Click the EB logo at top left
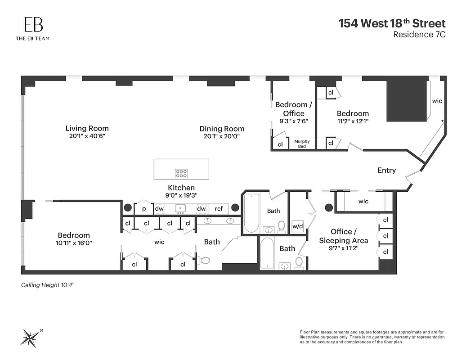pyautogui.click(x=32, y=25)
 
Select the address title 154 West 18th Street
pyautogui.click(x=392, y=23)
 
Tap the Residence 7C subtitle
pyautogui.click(x=419, y=35)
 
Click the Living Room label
pyautogui.click(x=87, y=128)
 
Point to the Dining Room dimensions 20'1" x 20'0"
pyautogui.click(x=222, y=136)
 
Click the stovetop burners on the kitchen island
pyautogui.click(x=181, y=173)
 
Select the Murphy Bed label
pyautogui.click(x=302, y=144)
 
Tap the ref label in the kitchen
pyautogui.click(x=219, y=209)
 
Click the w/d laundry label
pyautogui.click(x=297, y=225)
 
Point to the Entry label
pyautogui.click(x=386, y=170)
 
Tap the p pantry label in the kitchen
pyautogui.click(x=144, y=209)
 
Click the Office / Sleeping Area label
pyautogui.click(x=343, y=236)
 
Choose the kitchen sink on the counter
pyautogui.click(x=181, y=208)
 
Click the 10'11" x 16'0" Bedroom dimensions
pyautogui.click(x=74, y=243)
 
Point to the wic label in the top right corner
pyautogui.click(x=437, y=101)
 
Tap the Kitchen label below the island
pyautogui.click(x=181, y=188)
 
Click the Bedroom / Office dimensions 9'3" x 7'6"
pyautogui.click(x=293, y=121)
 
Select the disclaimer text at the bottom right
pyautogui.click(x=372, y=337)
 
